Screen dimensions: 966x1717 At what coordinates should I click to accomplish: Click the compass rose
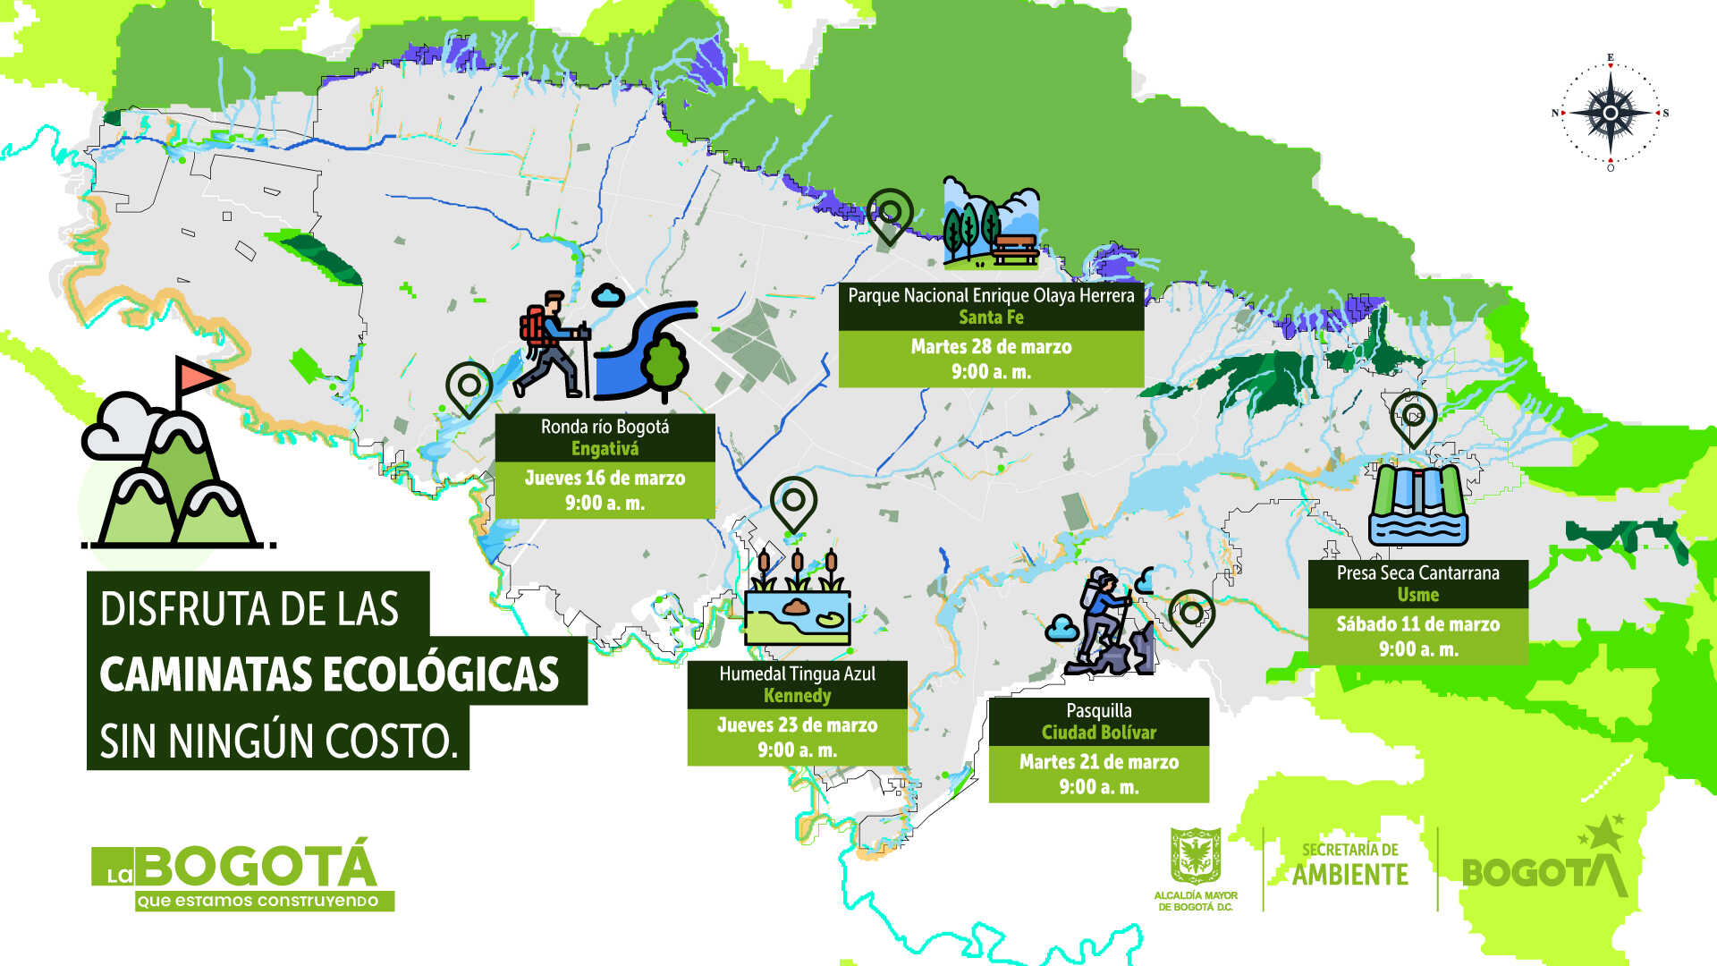[1610, 113]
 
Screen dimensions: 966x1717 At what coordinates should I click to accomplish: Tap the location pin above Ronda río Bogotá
[469, 386]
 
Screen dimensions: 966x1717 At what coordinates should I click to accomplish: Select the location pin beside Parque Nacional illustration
[890, 215]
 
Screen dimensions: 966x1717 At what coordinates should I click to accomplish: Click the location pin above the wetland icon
[793, 503]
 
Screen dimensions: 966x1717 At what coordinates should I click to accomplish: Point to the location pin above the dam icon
[1413, 417]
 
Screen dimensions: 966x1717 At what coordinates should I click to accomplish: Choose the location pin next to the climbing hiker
[1191, 615]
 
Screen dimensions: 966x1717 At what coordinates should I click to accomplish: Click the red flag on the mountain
[198, 377]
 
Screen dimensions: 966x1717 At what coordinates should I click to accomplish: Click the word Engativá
[605, 449]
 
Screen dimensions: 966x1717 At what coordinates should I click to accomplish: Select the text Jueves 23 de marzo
[797, 725]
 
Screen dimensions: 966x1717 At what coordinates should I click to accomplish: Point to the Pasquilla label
[1098, 711]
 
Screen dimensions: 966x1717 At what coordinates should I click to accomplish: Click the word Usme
[1417, 595]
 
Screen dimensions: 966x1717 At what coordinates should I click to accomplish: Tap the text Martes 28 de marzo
[991, 347]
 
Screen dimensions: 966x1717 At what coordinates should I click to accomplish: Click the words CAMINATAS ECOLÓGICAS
[329, 674]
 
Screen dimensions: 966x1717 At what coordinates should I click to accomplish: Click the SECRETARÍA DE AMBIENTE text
[1349, 865]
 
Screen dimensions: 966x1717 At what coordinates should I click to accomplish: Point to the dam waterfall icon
[1417, 505]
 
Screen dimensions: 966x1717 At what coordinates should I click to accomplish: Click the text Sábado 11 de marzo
[1417, 624]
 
